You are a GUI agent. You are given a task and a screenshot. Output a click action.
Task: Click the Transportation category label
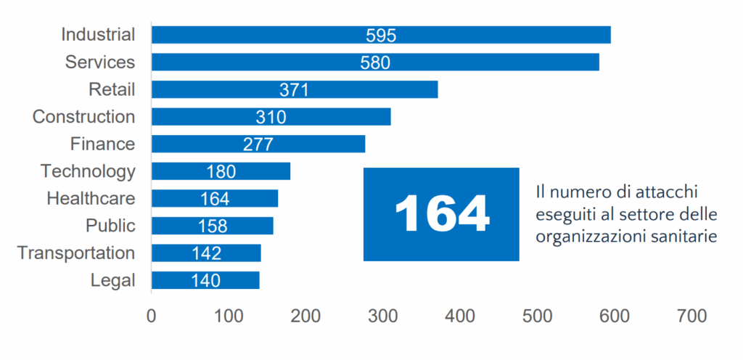(x=76, y=253)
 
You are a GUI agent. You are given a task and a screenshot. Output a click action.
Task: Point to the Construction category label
(x=83, y=117)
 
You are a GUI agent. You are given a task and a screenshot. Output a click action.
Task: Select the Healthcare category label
(x=91, y=198)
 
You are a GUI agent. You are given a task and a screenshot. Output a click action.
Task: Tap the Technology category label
(x=88, y=171)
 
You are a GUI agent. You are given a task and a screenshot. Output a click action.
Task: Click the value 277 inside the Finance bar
(x=258, y=144)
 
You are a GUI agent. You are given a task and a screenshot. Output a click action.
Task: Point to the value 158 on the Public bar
(x=213, y=226)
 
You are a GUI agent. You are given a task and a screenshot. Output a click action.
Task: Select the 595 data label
(x=381, y=36)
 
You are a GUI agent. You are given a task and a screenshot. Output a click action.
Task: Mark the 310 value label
(x=271, y=117)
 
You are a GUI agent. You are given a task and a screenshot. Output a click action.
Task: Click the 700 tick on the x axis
(x=691, y=316)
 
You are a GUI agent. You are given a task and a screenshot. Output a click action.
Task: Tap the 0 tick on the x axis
(x=151, y=316)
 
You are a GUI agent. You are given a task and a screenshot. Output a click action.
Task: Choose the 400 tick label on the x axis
(x=459, y=316)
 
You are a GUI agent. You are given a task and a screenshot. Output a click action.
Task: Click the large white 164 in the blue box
(x=441, y=214)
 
